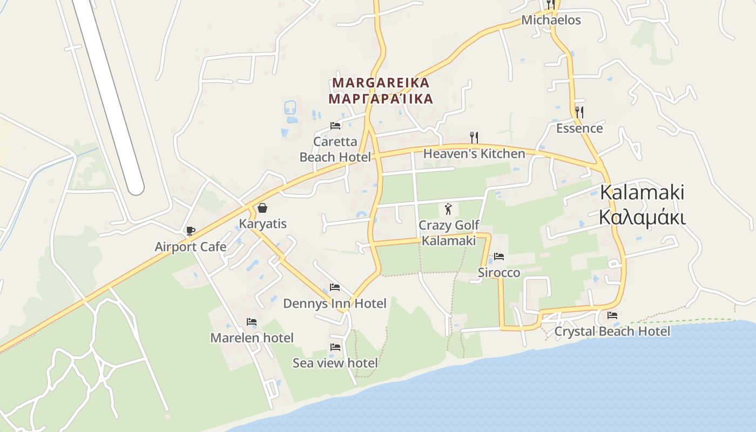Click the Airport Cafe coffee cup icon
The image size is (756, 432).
coord(190,231)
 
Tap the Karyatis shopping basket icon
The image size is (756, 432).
coord(262,208)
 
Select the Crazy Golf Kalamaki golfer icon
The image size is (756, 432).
coord(448,209)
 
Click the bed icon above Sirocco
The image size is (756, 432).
coord(499,256)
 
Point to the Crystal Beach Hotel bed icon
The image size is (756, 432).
coord(612,315)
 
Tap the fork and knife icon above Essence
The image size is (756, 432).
coord(579,112)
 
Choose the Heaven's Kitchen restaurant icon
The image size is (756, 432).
coord(474,138)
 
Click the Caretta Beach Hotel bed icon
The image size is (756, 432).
coord(335,126)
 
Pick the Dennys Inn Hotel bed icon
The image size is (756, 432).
coord(335,287)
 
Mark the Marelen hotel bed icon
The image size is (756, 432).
coord(252,322)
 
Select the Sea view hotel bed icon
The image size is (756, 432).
coord(335,347)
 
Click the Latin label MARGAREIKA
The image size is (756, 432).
coord(381,83)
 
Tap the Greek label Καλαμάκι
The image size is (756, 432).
coord(642,218)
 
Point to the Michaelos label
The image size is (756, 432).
coord(551,21)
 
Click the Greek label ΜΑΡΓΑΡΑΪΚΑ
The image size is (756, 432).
coord(381,99)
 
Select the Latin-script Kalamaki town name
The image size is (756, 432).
coord(642,193)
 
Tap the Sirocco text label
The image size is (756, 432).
coord(499,273)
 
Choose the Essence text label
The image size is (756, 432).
coord(579,129)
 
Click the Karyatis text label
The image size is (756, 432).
coord(263,224)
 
